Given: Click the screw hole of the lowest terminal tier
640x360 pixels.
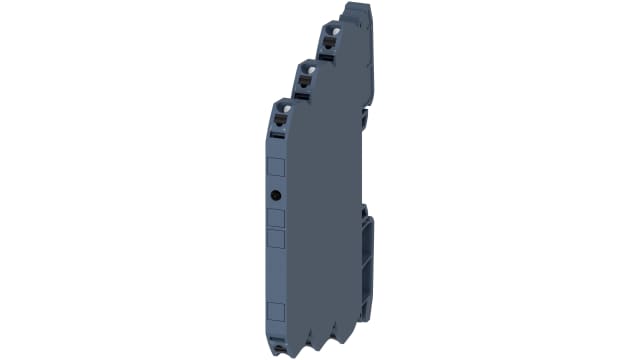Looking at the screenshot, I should pos(283,105).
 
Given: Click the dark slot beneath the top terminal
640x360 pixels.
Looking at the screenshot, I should pos(329,61).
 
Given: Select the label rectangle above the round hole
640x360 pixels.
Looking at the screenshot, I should pos(277,167).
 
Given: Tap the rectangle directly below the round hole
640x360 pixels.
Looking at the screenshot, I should pos(277,217).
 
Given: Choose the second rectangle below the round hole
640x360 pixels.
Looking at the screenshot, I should pos(277,238).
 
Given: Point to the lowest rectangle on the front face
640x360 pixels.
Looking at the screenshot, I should pos(277,308).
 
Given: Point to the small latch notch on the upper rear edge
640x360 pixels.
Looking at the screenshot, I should pos(366,120).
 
